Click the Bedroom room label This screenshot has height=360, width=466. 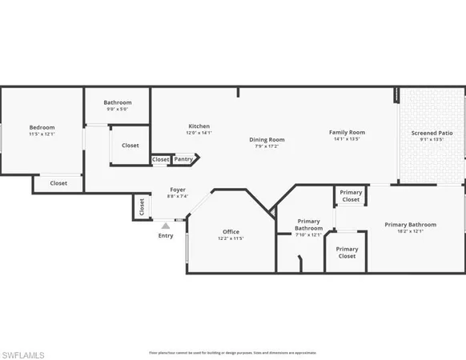(42, 127)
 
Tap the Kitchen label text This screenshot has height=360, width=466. (199, 126)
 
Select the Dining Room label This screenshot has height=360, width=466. (267, 140)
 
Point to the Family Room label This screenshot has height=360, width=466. (347, 132)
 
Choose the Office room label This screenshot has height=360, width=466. (231, 232)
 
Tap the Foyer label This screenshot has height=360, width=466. (177, 190)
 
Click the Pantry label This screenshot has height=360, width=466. (183, 159)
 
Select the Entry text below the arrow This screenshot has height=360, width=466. (166, 236)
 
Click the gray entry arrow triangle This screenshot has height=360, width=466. (166, 226)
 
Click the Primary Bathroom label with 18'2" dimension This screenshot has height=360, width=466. (410, 225)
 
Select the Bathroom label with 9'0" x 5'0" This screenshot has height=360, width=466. (118, 102)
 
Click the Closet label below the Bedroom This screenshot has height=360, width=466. (58, 183)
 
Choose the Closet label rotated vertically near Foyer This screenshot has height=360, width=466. (142, 206)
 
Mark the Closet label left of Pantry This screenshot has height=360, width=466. (161, 159)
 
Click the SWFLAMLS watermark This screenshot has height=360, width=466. (23, 354)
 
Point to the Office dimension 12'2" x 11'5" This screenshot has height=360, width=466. (231, 238)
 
